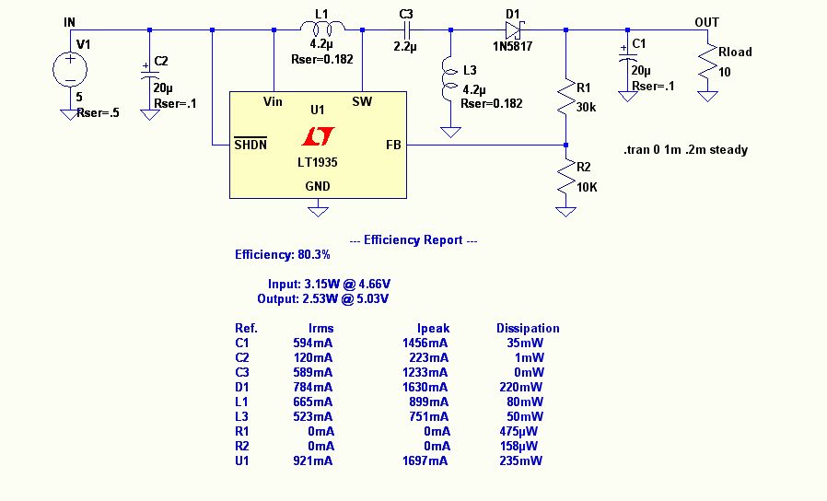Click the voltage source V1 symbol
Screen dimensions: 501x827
click(69, 70)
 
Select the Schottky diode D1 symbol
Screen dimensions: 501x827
click(514, 30)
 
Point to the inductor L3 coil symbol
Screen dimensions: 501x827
click(450, 80)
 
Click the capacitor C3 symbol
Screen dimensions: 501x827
click(405, 30)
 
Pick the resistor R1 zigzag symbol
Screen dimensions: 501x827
click(565, 99)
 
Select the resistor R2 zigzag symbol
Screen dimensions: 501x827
click(565, 181)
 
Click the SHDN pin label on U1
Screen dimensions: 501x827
click(250, 144)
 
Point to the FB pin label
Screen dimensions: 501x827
click(393, 145)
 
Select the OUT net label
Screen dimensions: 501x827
click(707, 22)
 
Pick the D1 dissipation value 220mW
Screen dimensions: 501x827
click(526, 387)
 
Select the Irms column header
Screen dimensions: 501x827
click(320, 328)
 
